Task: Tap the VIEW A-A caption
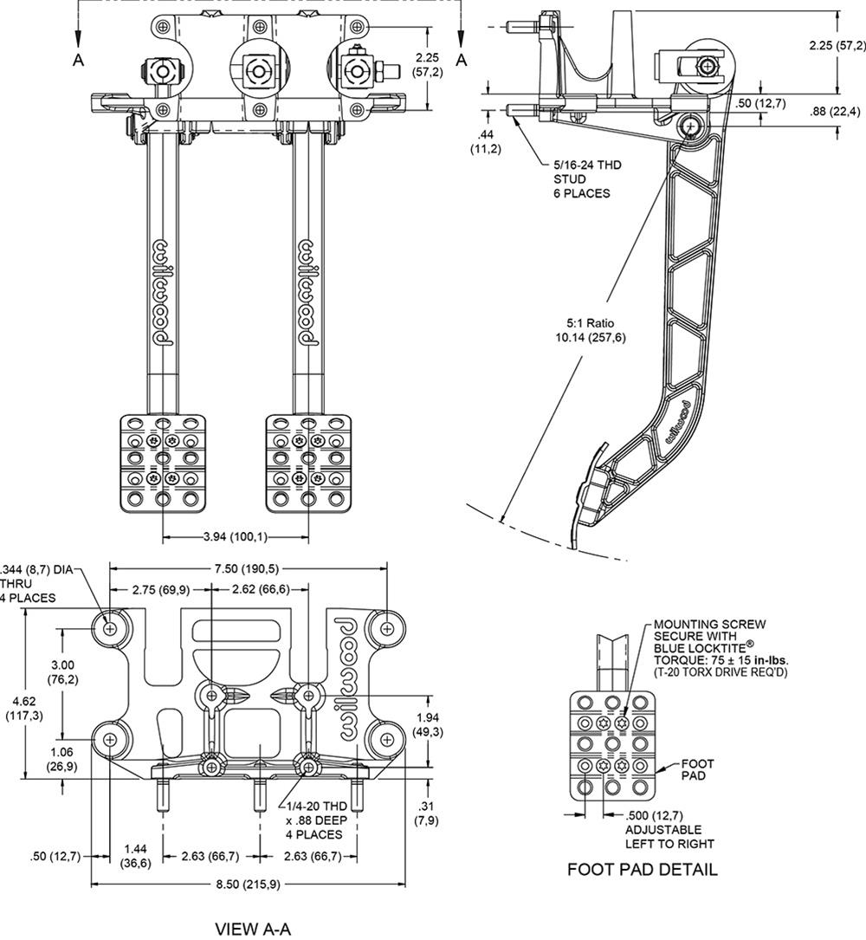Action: click(x=253, y=929)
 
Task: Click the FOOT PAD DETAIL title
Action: click(x=642, y=869)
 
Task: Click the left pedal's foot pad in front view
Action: click(x=161, y=463)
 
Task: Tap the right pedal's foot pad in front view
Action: click(x=307, y=463)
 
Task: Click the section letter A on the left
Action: click(x=79, y=60)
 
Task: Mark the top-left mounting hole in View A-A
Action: click(x=110, y=627)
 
